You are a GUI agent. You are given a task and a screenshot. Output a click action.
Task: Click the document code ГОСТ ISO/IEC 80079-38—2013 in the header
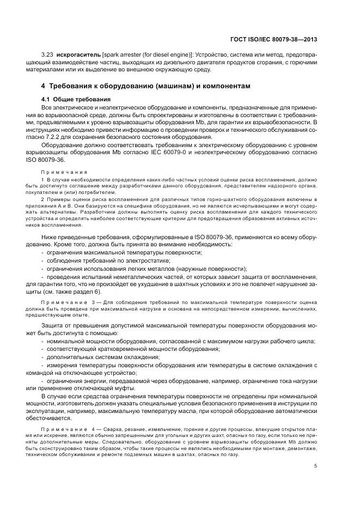coord(274,39)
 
